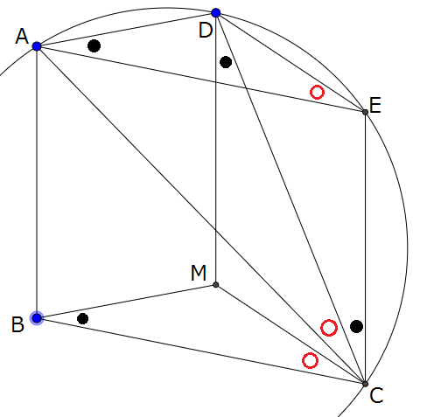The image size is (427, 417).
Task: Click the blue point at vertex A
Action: point(37,46)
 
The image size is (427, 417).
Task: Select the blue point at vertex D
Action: point(216,13)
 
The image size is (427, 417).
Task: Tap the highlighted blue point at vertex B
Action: point(37,318)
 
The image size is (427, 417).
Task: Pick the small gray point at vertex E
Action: point(365,112)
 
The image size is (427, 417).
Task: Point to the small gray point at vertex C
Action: point(365,384)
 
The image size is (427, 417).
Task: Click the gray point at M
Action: point(216,285)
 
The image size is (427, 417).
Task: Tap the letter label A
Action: point(22,37)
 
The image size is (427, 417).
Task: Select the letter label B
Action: point(17,324)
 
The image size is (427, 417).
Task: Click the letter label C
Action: point(376,395)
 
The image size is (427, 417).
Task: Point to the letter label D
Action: point(205,30)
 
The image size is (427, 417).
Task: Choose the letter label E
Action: point(375,105)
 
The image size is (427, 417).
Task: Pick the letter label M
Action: point(199,273)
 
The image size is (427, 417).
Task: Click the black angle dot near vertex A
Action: point(94,45)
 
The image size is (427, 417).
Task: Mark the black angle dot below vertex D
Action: point(226,62)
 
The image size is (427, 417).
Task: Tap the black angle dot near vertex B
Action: point(82,318)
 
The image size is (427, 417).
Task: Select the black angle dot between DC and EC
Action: point(356,326)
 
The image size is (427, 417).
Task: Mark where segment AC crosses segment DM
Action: point(216,230)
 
